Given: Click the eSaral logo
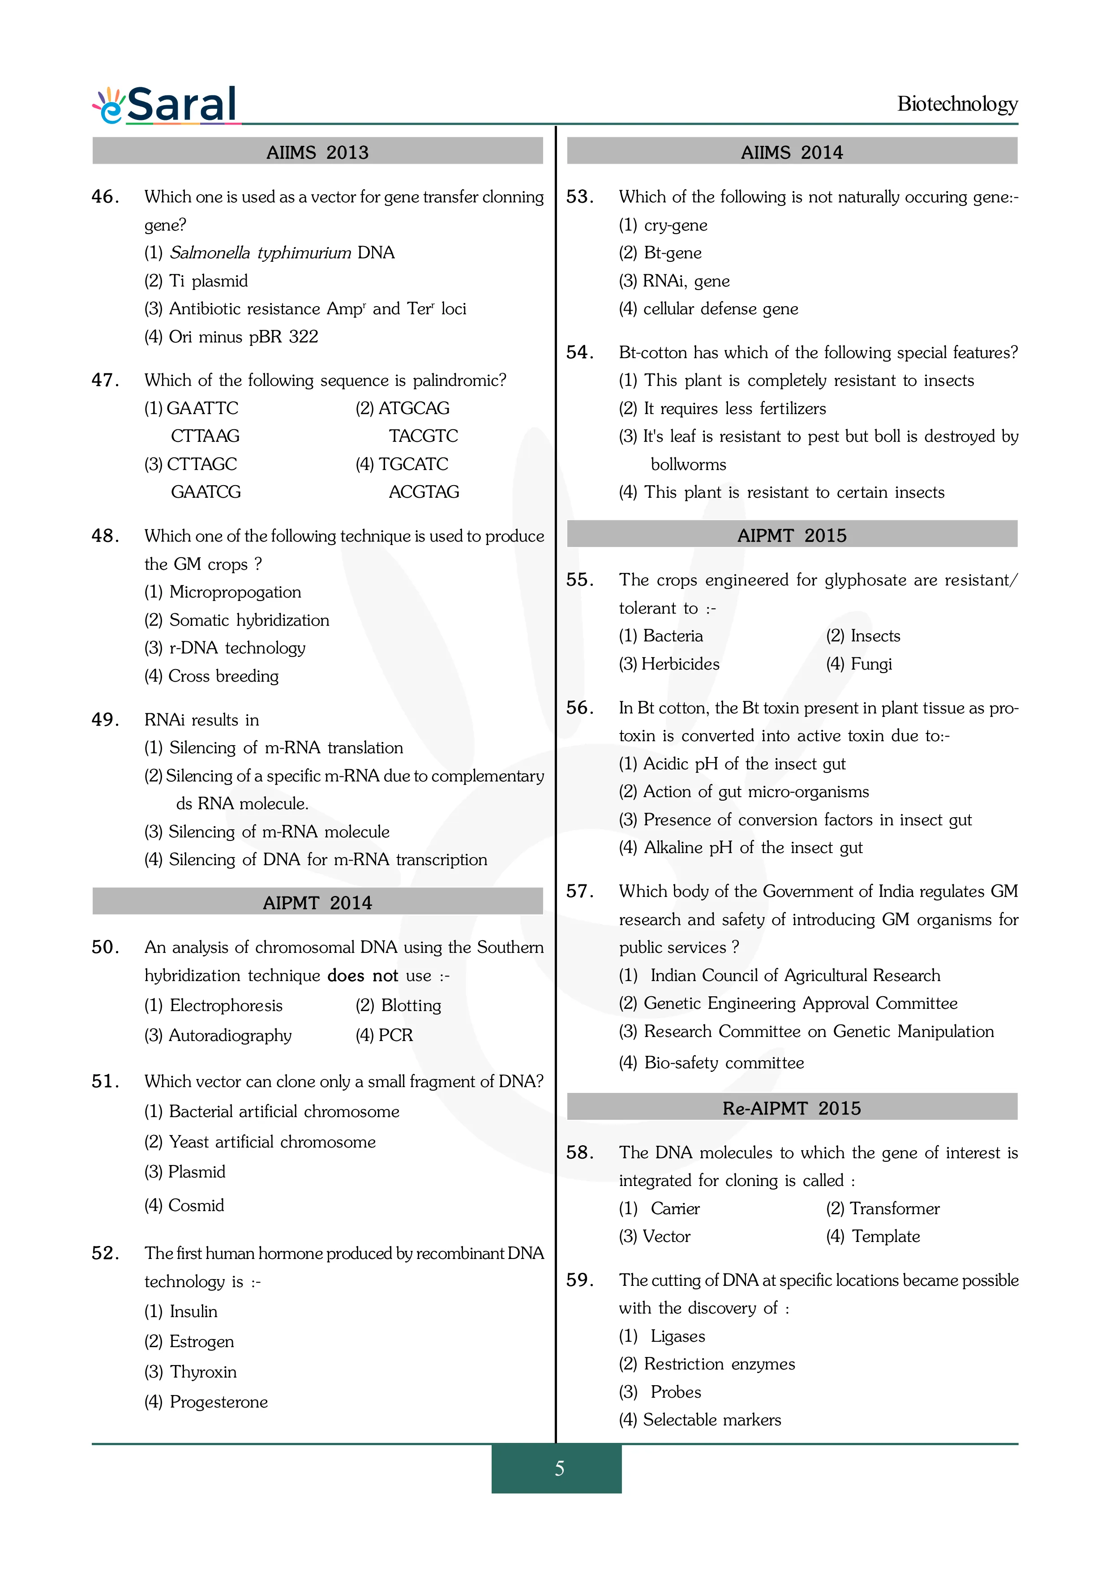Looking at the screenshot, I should (166, 105).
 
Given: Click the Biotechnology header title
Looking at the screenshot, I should (957, 104).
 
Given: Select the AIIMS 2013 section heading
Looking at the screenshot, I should (317, 152).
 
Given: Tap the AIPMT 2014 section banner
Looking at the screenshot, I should (317, 903).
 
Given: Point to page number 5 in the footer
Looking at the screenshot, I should (559, 1468).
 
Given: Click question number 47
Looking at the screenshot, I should (105, 380).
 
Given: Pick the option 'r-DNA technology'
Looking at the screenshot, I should (236, 648).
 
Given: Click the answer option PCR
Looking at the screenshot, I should (395, 1035).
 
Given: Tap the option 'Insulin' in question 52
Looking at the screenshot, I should (193, 1311).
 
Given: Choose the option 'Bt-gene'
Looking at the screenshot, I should (672, 253).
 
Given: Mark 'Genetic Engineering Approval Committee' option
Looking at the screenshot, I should (800, 1003).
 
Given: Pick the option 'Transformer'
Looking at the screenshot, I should (894, 1208).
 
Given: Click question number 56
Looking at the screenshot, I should (579, 708).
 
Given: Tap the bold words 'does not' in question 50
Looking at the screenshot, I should (363, 975).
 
